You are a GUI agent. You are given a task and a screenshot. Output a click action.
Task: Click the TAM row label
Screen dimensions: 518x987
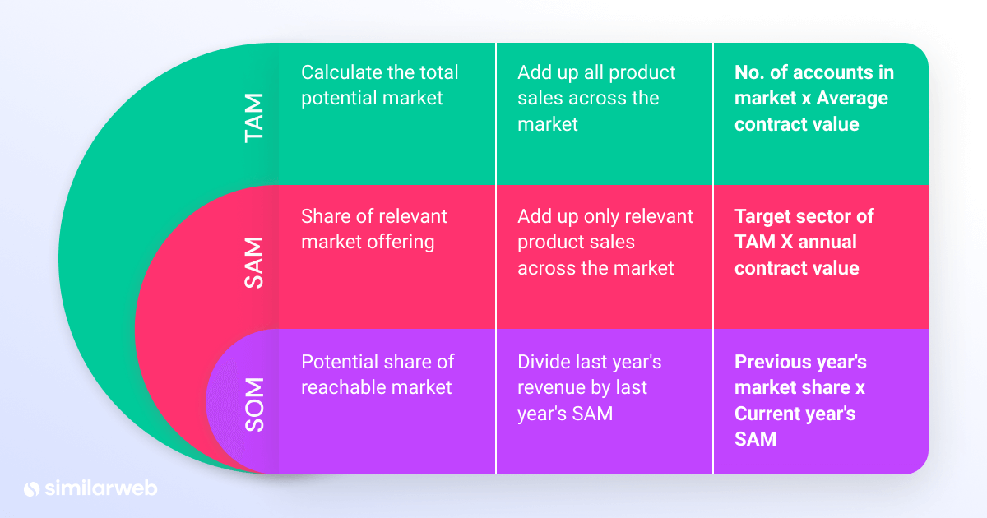click(x=256, y=118)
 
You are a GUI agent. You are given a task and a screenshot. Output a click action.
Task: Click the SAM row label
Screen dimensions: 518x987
click(x=256, y=261)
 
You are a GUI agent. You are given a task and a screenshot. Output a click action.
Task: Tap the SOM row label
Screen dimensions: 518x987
click(x=256, y=405)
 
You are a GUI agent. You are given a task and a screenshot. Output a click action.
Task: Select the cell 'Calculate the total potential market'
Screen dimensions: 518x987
click(x=379, y=85)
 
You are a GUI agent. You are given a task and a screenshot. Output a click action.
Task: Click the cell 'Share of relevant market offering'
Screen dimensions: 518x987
click(x=373, y=229)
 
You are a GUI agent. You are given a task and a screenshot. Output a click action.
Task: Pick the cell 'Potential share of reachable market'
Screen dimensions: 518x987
click(x=377, y=374)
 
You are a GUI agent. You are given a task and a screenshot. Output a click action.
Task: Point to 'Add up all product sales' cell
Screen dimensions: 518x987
click(x=595, y=98)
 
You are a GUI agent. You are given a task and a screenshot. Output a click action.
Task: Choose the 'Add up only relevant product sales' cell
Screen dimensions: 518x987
click(x=605, y=242)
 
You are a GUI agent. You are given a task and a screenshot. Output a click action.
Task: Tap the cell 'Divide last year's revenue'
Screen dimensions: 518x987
click(x=589, y=387)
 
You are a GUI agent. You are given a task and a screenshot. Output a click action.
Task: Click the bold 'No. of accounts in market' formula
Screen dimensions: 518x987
click(x=813, y=98)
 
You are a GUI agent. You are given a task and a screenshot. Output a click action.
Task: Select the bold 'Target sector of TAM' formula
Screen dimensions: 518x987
click(x=804, y=242)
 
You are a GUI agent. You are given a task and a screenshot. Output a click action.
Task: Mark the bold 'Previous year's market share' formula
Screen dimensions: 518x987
click(x=799, y=400)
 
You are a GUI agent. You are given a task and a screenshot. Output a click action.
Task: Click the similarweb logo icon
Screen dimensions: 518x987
click(x=32, y=488)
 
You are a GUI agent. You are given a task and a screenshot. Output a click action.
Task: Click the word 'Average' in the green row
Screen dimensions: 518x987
click(x=848, y=99)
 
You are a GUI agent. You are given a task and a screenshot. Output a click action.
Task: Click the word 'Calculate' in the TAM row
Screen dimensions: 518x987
click(x=342, y=72)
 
